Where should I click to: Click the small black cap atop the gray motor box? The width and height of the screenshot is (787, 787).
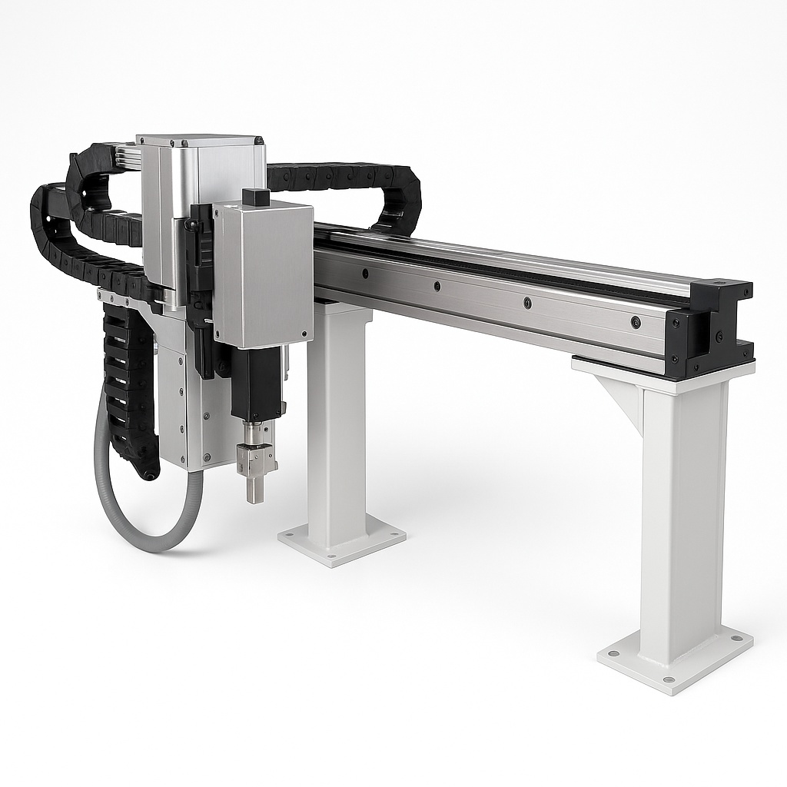point(255,197)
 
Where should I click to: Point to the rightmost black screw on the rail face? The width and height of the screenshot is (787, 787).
point(636,322)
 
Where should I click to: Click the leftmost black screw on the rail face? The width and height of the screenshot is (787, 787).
point(364,273)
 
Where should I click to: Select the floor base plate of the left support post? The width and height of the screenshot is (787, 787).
point(341,543)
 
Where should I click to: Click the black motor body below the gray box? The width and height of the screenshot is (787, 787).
point(256,384)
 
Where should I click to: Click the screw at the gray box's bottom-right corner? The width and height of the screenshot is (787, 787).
point(304,334)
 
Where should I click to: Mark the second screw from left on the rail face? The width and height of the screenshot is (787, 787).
point(437,287)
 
